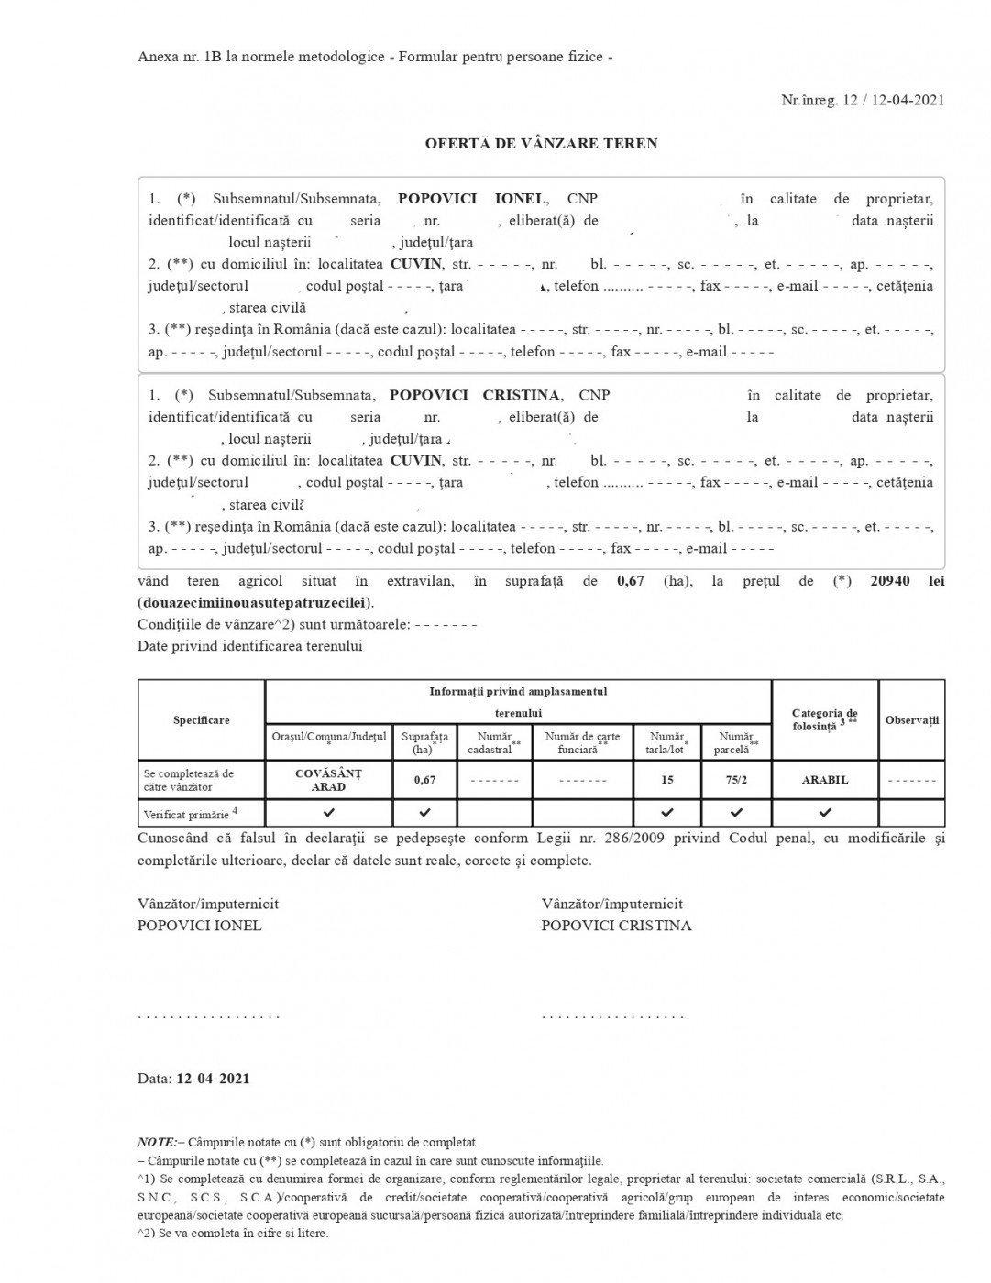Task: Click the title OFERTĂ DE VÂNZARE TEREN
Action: pos(541,144)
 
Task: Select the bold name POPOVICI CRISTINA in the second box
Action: pos(474,396)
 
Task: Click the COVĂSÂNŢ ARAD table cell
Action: pos(328,780)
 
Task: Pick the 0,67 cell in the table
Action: pos(424,780)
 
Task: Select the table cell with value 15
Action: pos(666,780)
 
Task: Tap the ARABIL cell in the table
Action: pos(825,780)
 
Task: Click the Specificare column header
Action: pos(202,720)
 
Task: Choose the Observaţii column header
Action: pos(911,720)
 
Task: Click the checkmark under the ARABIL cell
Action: pos(825,813)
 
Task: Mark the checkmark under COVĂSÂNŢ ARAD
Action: pos(328,813)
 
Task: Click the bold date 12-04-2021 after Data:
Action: pos(213,1079)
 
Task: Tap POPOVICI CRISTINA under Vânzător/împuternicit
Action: pos(616,926)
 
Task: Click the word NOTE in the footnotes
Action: pos(156,1142)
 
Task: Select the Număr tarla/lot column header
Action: pos(666,742)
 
